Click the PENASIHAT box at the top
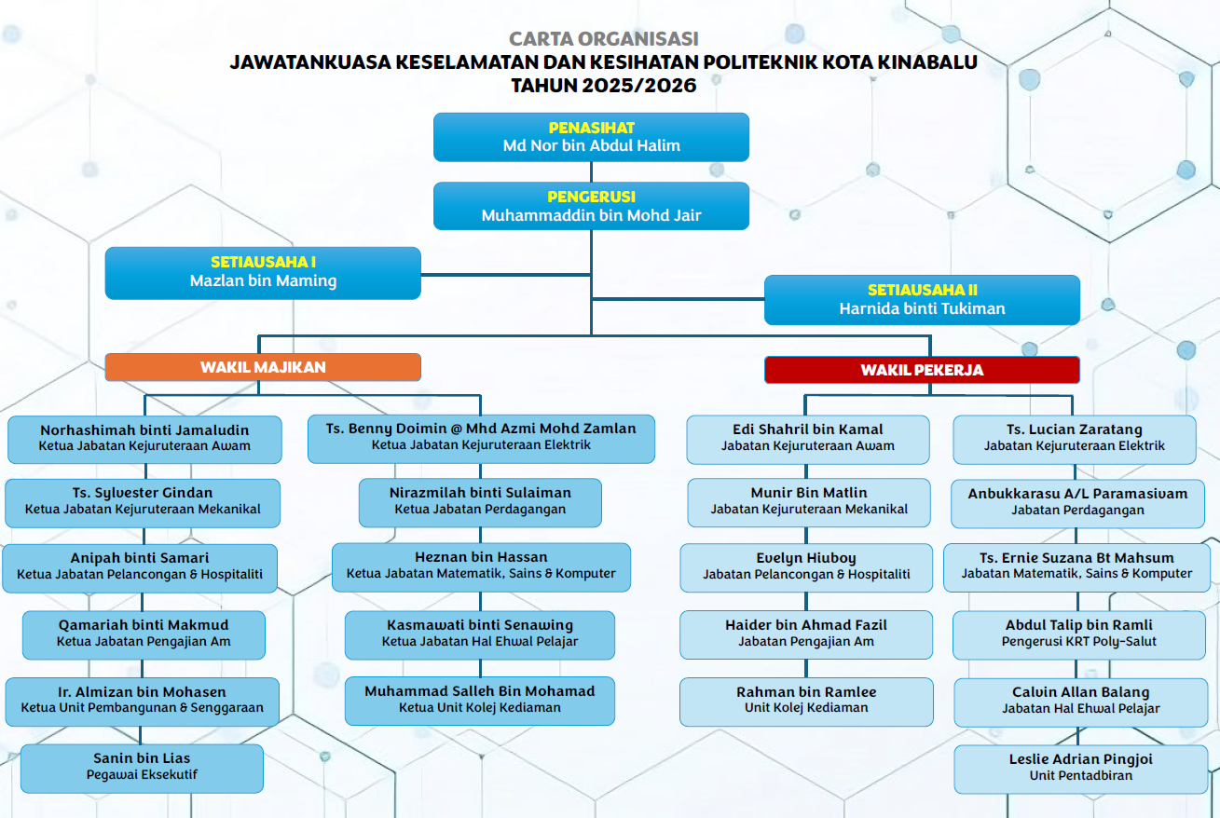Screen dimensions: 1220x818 click(x=591, y=137)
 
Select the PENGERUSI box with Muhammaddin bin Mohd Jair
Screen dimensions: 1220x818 click(x=591, y=206)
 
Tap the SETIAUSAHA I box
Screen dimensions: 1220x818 click(x=263, y=273)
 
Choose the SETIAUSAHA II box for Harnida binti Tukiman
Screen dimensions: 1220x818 click(x=922, y=300)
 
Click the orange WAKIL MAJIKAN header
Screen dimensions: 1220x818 click(x=263, y=367)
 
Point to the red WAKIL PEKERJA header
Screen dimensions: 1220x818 click(x=922, y=370)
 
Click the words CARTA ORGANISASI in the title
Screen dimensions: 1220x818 click(x=603, y=39)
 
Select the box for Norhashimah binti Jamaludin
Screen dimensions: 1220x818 click(x=144, y=440)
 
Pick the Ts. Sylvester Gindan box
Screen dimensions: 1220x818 click(x=143, y=503)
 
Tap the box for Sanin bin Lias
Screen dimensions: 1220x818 click(x=143, y=769)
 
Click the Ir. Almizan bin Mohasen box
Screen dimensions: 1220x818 click(x=143, y=702)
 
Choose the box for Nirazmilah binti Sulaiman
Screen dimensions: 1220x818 click(x=480, y=503)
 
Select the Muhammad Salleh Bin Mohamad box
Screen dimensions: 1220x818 click(x=480, y=701)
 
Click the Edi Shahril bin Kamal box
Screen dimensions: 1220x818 click(x=808, y=440)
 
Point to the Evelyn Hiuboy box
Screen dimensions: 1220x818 click(x=806, y=567)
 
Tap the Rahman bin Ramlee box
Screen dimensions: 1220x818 click(x=806, y=702)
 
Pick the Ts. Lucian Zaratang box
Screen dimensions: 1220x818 click(x=1074, y=440)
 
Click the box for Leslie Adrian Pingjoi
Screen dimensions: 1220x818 click(x=1080, y=769)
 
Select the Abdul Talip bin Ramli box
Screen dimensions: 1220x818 click(x=1079, y=634)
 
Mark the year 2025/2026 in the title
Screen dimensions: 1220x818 click(x=638, y=86)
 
